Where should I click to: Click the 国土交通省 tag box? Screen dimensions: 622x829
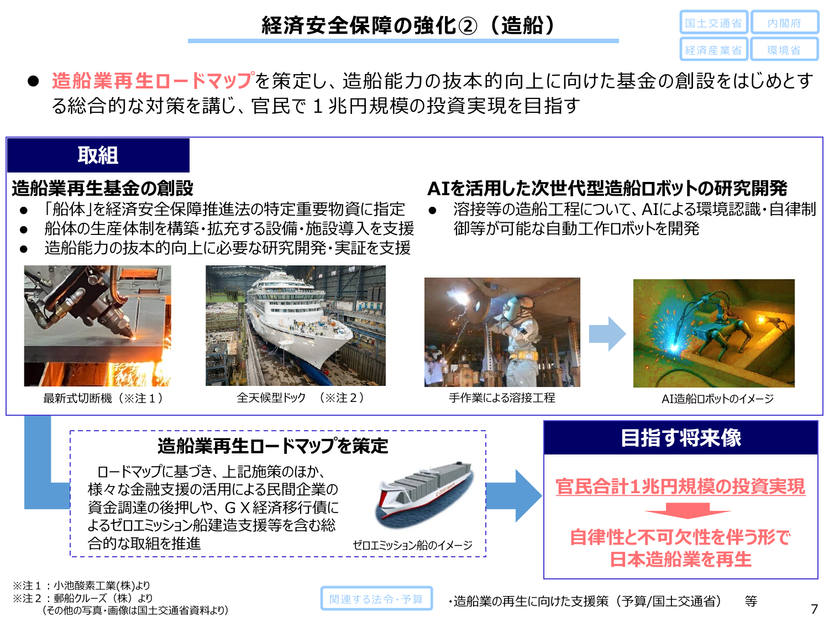click(713, 23)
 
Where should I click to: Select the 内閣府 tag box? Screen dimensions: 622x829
click(784, 23)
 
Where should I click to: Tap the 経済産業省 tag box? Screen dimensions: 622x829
click(713, 50)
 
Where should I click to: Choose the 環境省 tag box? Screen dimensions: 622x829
click(784, 50)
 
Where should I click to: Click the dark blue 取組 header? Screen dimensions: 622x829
click(98, 155)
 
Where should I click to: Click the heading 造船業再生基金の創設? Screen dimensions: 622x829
click(103, 188)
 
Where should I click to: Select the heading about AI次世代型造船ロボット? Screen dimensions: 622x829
click(607, 188)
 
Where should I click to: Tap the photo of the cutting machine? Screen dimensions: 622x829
click(97, 326)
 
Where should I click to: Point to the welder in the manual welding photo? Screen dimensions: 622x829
click(514, 332)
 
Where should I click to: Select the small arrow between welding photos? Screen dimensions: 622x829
click(606, 334)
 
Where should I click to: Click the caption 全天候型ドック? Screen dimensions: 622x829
click(271, 398)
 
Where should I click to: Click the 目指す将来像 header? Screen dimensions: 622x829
click(680, 438)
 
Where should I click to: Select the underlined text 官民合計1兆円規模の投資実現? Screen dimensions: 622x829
click(680, 487)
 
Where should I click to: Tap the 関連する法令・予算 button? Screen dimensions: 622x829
click(376, 599)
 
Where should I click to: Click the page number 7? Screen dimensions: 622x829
click(814, 609)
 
